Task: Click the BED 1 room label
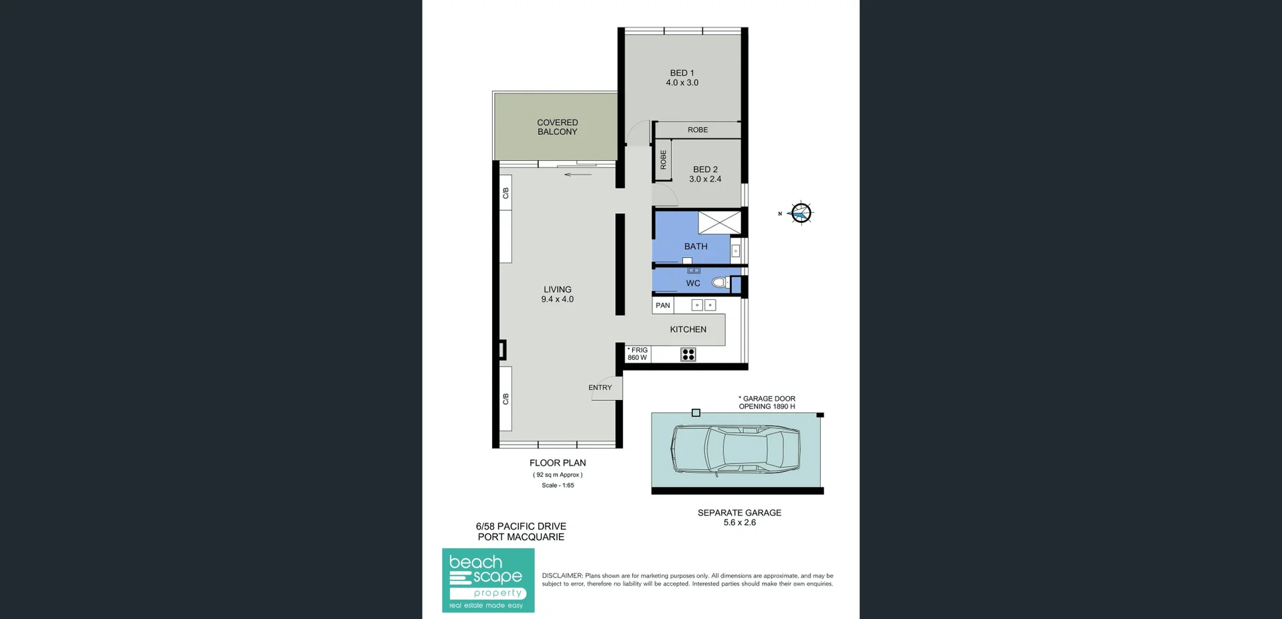682,73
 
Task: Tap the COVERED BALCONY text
557,127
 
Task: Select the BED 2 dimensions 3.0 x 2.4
705,179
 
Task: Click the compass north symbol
801,213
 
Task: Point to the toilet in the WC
720,282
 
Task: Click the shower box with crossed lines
719,222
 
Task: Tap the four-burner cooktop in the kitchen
688,355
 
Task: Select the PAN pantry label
662,305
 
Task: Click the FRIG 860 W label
637,354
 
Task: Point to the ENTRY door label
600,387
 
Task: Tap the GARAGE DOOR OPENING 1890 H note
767,402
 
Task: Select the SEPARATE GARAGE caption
739,513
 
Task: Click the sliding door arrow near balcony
578,175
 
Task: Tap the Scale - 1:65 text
558,485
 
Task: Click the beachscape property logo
488,580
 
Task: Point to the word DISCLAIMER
562,576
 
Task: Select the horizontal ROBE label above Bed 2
698,130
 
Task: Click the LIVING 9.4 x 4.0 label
557,294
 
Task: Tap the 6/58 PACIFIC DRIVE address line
521,526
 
